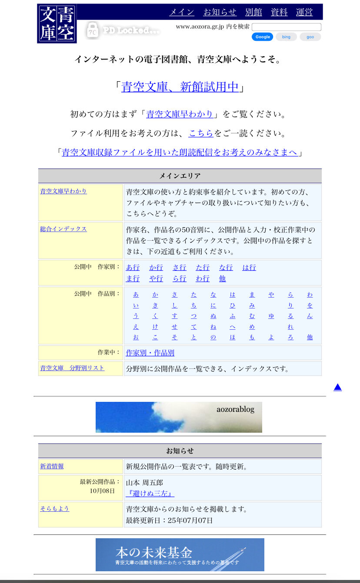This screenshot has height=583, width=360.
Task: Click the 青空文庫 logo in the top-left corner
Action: [57, 23]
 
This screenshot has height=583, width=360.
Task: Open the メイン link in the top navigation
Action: [181, 12]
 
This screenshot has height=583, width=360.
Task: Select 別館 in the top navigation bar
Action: [253, 12]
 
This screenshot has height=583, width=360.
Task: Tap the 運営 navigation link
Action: [304, 12]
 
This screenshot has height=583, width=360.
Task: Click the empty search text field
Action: [286, 27]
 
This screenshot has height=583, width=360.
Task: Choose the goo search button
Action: [310, 37]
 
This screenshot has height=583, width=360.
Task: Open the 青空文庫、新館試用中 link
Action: [180, 87]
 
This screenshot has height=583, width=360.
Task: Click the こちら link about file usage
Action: [201, 133]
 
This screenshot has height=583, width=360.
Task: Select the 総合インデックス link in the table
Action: [63, 229]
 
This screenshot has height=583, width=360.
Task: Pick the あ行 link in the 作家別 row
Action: [133, 267]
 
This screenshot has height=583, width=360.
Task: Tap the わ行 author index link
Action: [203, 278]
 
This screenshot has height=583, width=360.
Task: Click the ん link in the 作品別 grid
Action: [310, 316]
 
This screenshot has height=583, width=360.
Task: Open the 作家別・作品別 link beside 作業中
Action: [150, 353]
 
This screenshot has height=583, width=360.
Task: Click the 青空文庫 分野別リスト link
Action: [72, 368]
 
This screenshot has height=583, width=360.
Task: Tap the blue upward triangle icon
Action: [337, 387]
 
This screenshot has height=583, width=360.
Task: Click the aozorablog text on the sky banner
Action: [235, 409]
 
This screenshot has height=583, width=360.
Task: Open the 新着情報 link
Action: [52, 466]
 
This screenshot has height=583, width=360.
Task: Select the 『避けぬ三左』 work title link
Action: [150, 494]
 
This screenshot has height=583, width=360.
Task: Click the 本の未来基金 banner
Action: [180, 554]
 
